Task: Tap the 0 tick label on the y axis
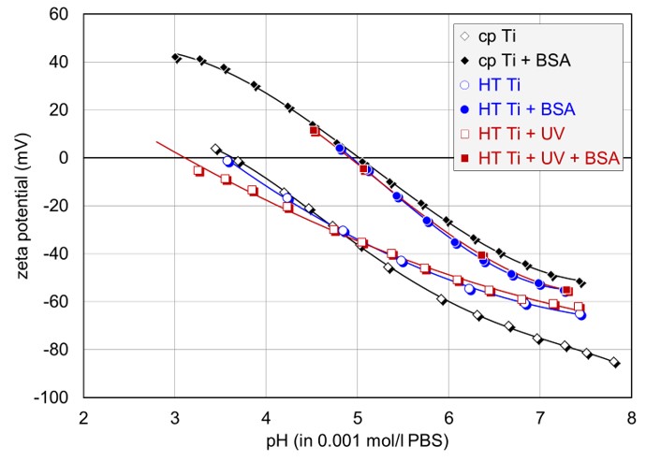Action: pyautogui.click(x=66, y=158)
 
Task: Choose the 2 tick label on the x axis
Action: pyautogui.click(x=83, y=417)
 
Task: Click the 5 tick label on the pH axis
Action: pyautogui.click(x=358, y=417)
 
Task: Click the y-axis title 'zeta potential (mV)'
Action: pyautogui.click(x=20, y=206)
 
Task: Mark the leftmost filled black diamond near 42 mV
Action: pyautogui.click(x=176, y=58)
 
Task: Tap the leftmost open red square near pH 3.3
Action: pyautogui.click(x=198, y=170)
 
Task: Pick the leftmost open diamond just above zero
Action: pyautogui.click(x=216, y=149)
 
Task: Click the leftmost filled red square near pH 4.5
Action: pyautogui.click(x=315, y=131)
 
